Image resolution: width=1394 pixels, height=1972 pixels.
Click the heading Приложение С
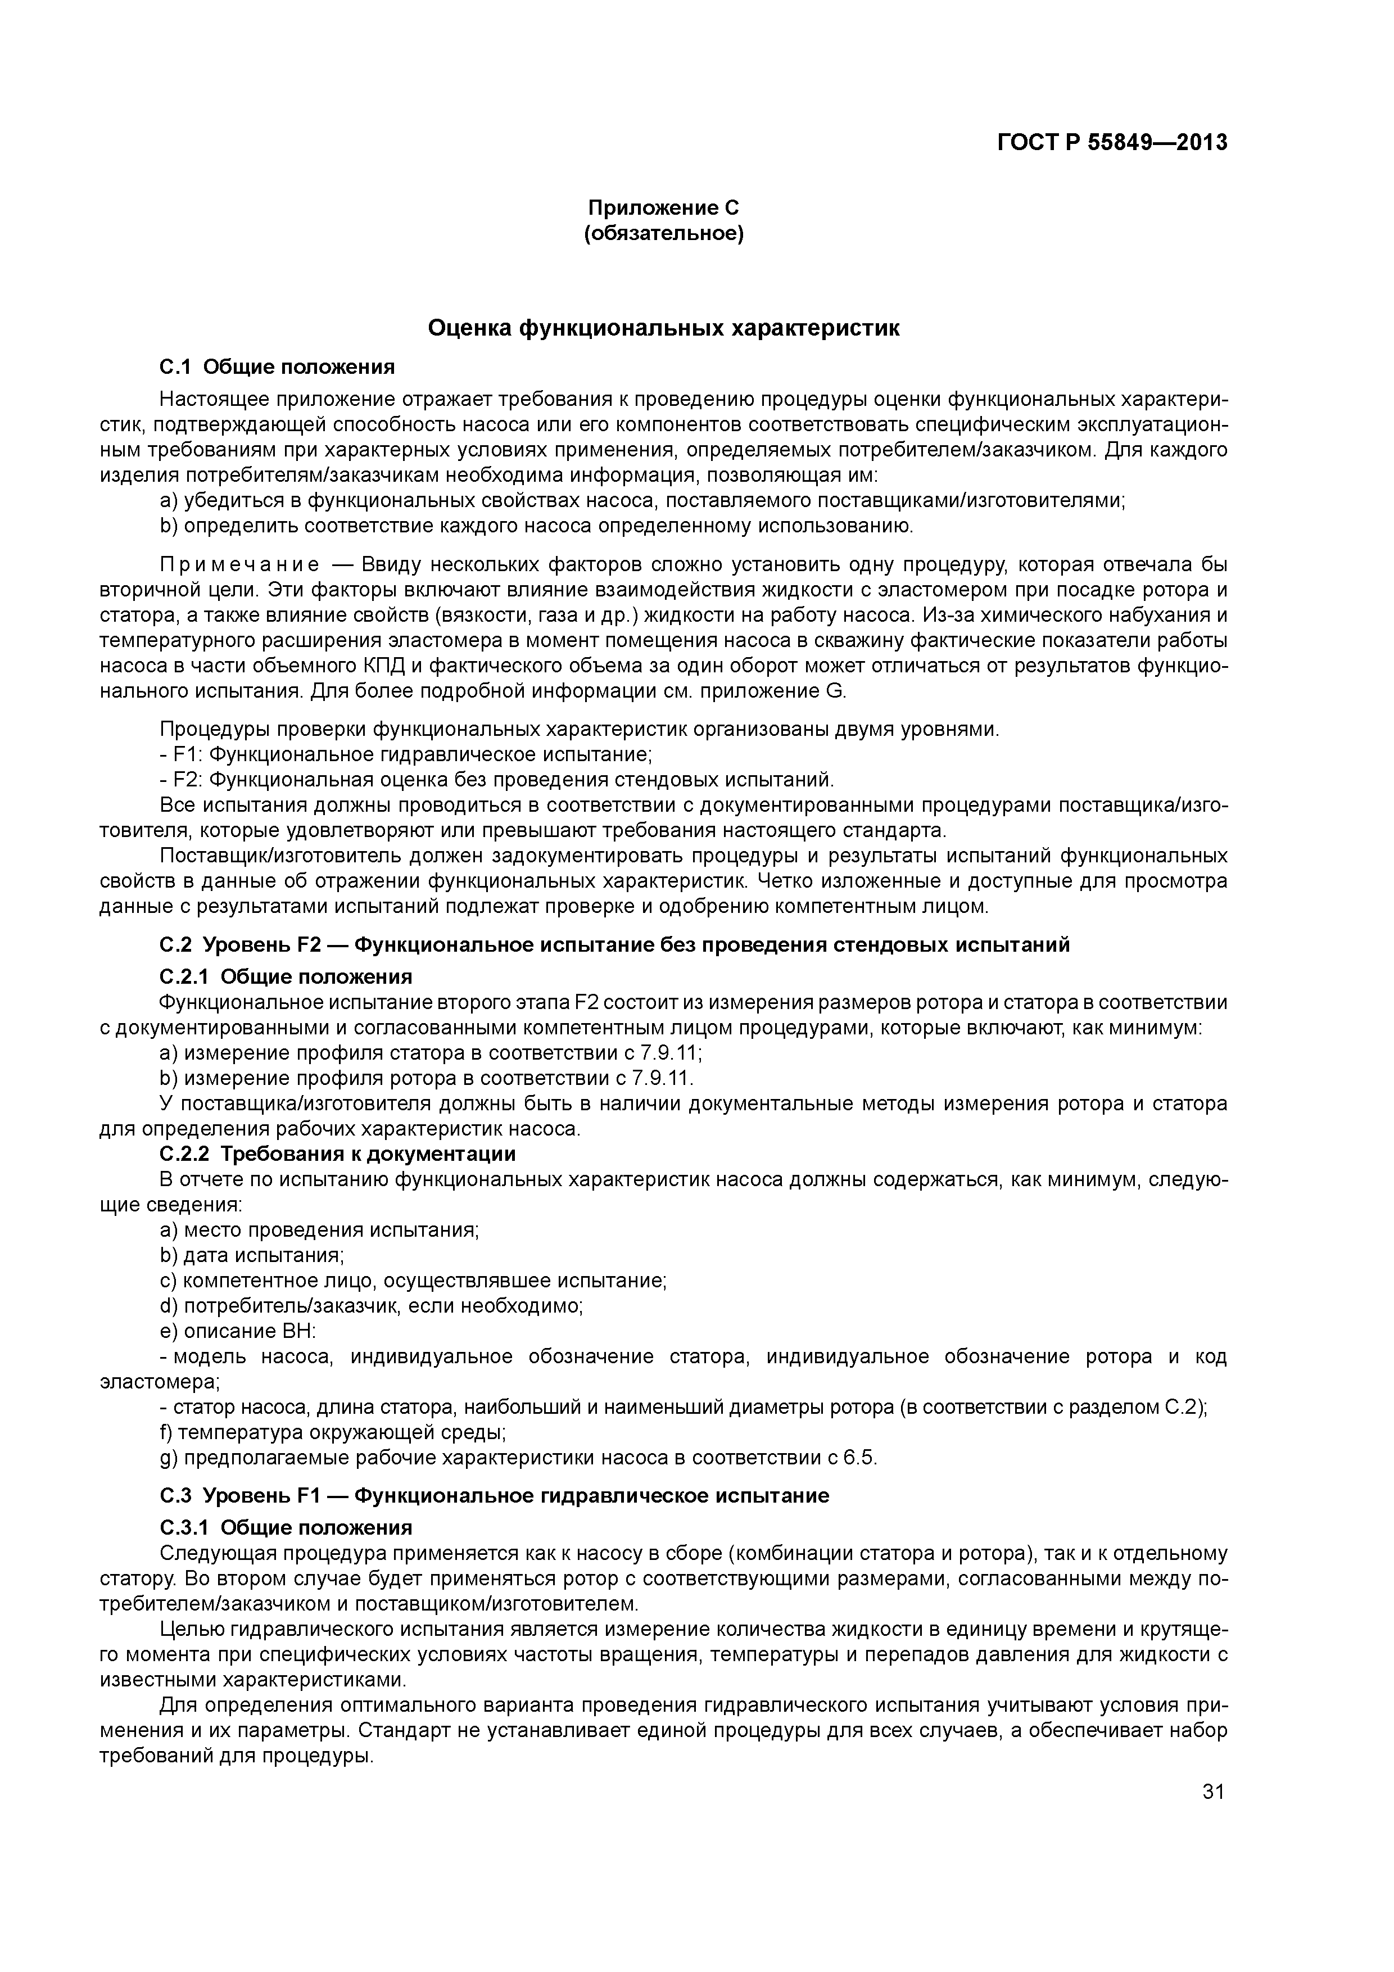tap(663, 208)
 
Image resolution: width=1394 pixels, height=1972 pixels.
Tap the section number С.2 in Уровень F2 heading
tap(175, 946)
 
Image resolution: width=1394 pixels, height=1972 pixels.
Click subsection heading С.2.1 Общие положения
tap(285, 978)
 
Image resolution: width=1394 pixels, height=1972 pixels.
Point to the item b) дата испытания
tap(252, 1256)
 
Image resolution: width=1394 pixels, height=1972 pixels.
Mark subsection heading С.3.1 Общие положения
tap(285, 1528)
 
